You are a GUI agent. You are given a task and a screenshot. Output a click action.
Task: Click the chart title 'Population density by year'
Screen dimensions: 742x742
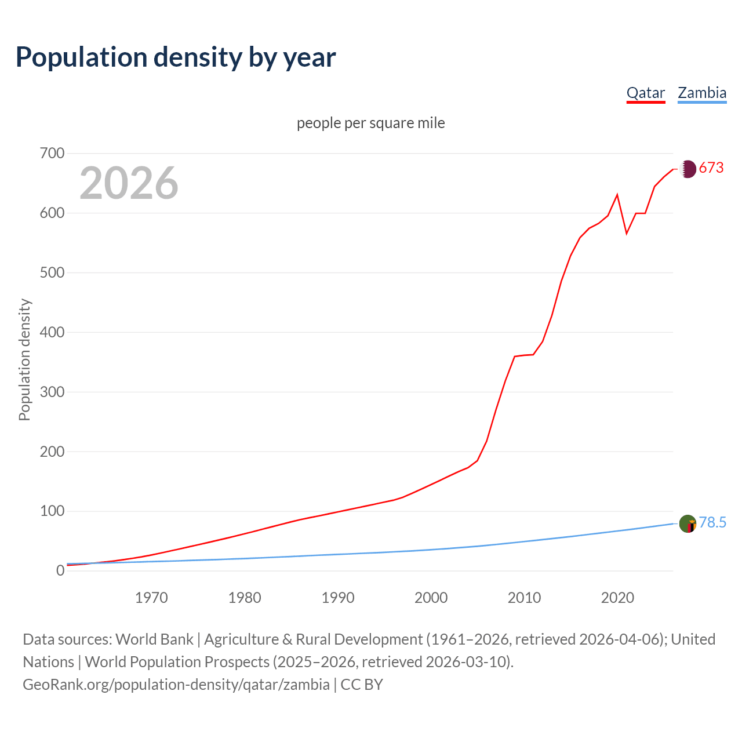[x=176, y=57]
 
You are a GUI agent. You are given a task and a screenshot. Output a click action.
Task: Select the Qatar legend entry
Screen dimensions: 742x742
[x=646, y=93]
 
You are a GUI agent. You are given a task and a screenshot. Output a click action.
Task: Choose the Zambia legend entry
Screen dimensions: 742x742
[x=702, y=93]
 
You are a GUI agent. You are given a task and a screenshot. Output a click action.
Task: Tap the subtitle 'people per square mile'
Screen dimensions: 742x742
[x=371, y=123]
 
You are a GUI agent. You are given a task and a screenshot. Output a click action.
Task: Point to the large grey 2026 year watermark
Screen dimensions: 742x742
[x=129, y=183]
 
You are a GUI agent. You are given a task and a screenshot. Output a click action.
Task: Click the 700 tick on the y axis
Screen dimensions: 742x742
[x=52, y=154]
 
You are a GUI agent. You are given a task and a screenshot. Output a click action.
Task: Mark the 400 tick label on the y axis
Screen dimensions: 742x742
[x=52, y=333]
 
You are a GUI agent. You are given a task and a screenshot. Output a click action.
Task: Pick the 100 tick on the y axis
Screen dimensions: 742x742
[x=52, y=511]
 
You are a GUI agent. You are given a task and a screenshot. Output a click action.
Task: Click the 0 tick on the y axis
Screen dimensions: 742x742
[x=60, y=571]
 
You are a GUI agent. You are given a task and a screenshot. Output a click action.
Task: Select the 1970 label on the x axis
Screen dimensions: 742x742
[x=151, y=598]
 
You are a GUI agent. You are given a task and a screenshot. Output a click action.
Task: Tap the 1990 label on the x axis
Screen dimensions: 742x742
[x=338, y=598]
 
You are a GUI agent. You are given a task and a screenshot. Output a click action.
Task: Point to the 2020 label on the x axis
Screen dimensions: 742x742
[x=617, y=598]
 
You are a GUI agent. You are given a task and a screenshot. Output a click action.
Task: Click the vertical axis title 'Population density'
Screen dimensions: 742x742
[x=24, y=359]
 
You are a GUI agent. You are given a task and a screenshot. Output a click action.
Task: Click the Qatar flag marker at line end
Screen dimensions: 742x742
[x=688, y=169]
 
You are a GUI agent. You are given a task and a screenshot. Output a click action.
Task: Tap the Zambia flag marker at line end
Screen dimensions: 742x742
[x=688, y=523]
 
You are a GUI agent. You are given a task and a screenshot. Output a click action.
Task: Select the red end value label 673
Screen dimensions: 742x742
[x=711, y=168]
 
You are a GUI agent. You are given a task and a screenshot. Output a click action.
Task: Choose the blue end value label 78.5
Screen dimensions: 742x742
[x=712, y=523]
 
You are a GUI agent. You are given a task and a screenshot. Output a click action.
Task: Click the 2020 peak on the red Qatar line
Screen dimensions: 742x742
[x=617, y=195]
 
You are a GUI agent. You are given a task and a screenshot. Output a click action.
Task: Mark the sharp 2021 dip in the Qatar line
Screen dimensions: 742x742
[x=627, y=234]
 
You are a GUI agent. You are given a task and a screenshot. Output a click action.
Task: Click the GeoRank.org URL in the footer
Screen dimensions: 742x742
[x=176, y=685]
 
